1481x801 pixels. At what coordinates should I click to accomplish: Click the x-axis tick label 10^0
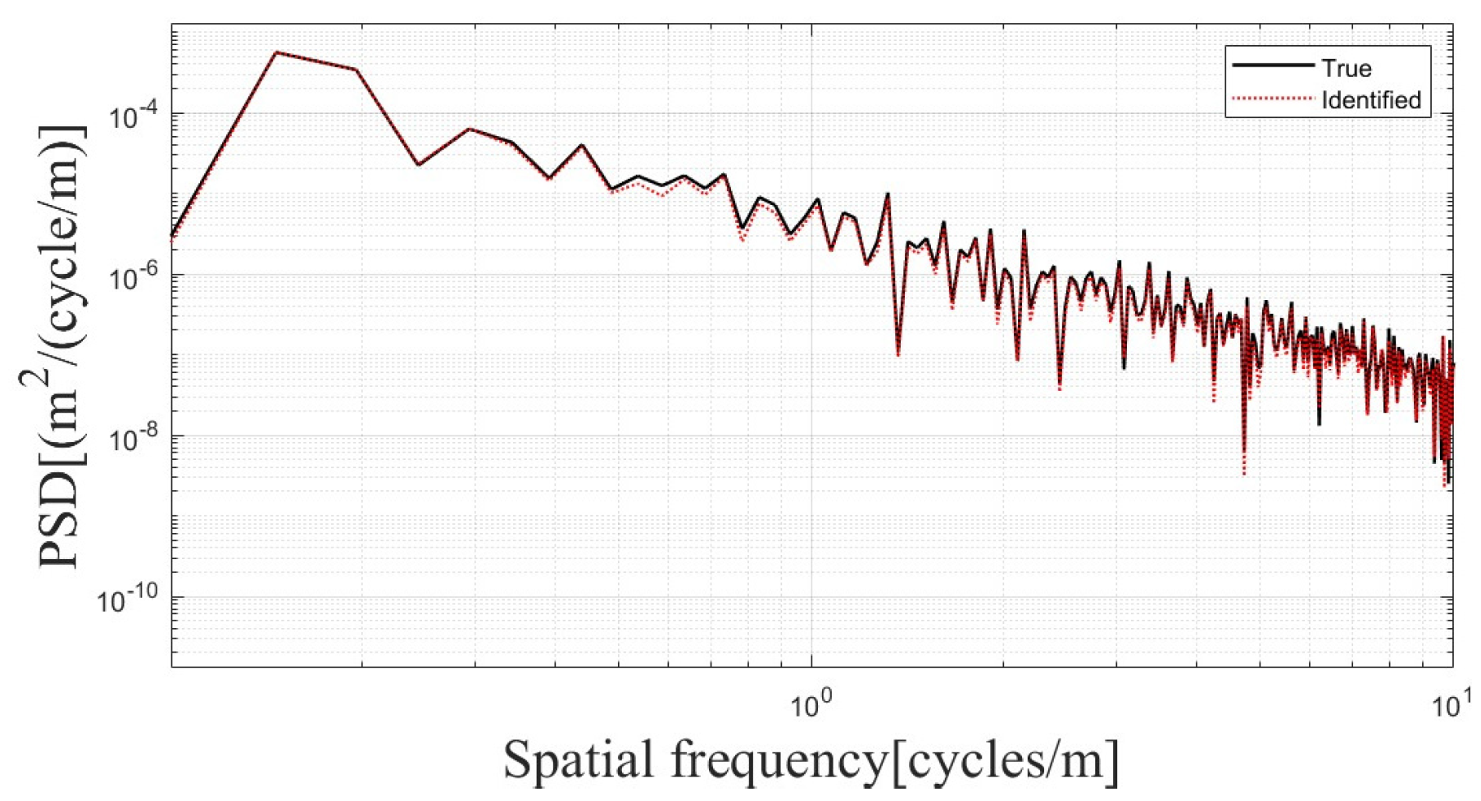(811, 703)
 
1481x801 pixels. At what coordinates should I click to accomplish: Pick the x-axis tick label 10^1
(1451, 703)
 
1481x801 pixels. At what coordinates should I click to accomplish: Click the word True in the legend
(1346, 68)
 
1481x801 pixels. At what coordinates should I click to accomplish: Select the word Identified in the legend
(1370, 100)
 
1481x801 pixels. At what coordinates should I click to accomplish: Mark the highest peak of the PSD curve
(276, 52)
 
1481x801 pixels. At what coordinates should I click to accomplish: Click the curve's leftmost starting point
(172, 236)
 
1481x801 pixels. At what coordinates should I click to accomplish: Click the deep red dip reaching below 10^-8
(1243, 471)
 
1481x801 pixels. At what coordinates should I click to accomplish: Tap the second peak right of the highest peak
(470, 129)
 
